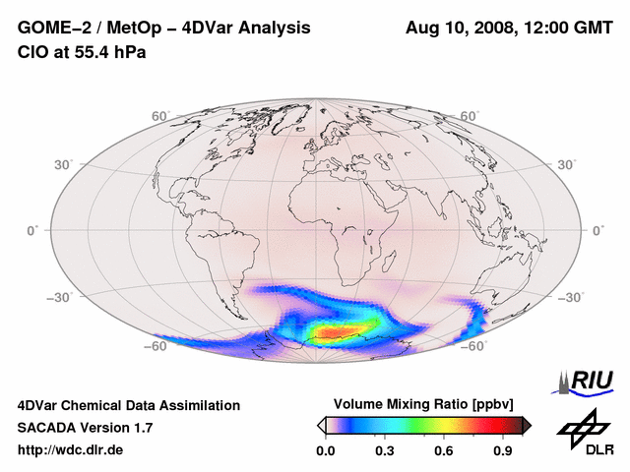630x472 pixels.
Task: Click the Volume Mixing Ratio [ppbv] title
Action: tap(424, 404)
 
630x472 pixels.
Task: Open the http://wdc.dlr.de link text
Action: tap(71, 450)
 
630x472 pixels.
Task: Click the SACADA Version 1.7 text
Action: tap(85, 428)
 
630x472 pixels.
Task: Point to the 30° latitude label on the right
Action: tap(568, 164)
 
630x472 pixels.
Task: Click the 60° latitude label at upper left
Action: tap(160, 116)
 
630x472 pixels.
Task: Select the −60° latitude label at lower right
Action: tap(472, 346)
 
